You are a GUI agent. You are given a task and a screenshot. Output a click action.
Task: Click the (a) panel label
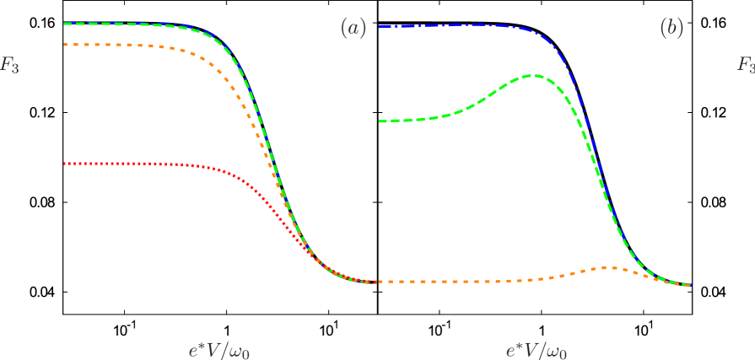pyautogui.click(x=353, y=28)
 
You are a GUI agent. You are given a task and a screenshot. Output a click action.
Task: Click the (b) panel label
pyautogui.click(x=671, y=28)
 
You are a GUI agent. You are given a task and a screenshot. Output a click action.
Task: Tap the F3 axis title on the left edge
pyautogui.click(x=9, y=65)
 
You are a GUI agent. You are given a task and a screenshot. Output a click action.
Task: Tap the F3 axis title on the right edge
pyautogui.click(x=746, y=64)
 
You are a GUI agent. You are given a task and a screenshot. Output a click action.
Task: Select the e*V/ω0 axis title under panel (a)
pyautogui.click(x=218, y=349)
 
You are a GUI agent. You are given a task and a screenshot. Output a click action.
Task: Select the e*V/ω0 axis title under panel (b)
pyautogui.click(x=536, y=349)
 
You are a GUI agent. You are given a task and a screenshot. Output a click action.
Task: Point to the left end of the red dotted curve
pyautogui.click(x=65, y=163)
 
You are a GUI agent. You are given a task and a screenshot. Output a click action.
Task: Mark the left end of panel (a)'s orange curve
pyautogui.click(x=65, y=44)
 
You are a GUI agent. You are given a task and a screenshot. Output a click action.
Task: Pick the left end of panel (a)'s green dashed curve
pyautogui.click(x=65, y=24)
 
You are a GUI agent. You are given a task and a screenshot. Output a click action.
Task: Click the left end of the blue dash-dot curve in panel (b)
pyautogui.click(x=380, y=27)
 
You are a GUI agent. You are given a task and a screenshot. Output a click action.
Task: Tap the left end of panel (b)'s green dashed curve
pyautogui.click(x=380, y=121)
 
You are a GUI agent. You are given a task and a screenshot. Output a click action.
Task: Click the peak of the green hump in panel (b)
pyautogui.click(x=532, y=76)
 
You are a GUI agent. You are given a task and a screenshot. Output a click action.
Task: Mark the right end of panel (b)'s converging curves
pyautogui.click(x=689, y=285)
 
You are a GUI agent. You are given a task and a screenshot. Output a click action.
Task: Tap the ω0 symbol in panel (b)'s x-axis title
pyautogui.click(x=556, y=351)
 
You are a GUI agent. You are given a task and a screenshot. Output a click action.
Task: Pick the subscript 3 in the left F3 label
pyautogui.click(x=14, y=68)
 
